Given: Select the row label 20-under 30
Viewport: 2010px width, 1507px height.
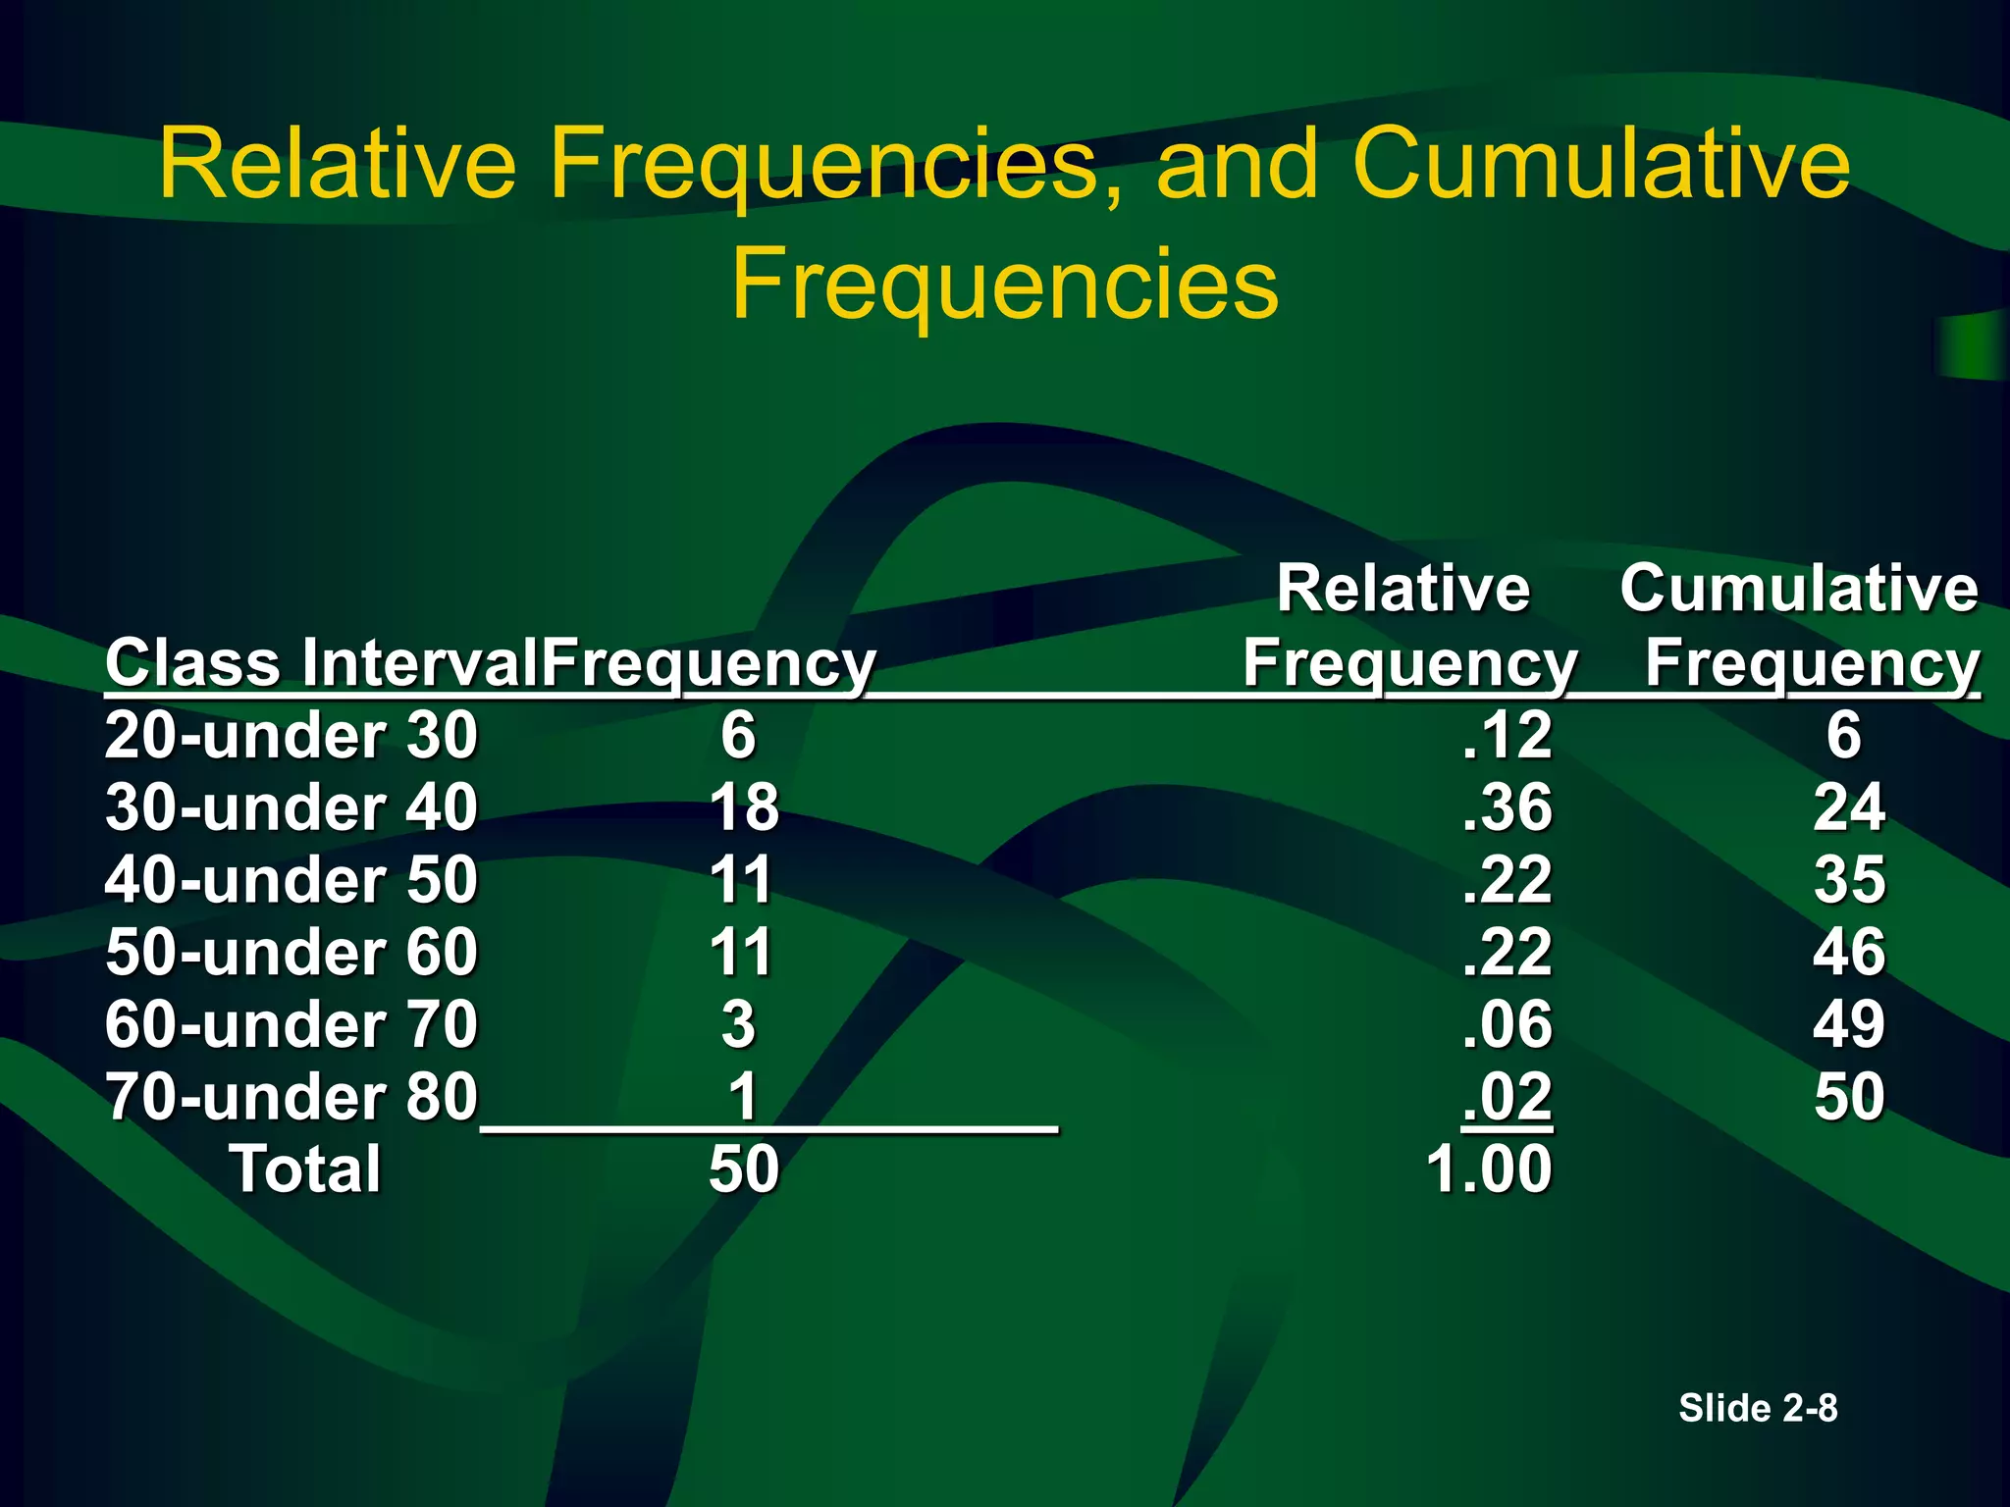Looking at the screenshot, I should tap(291, 735).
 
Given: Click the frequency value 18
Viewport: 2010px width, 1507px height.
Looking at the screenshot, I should tap(744, 807).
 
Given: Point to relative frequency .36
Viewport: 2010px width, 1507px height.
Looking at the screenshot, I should tap(1507, 807).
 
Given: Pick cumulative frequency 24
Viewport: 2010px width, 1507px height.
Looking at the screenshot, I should tap(1849, 807).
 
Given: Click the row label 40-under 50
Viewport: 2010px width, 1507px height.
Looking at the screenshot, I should tap(291, 879).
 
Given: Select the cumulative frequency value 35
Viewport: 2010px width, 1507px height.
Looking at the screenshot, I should tap(1849, 879).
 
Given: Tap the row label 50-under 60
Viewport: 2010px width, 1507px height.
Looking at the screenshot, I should tap(291, 952).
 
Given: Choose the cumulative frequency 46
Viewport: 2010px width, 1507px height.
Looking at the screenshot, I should tap(1849, 952).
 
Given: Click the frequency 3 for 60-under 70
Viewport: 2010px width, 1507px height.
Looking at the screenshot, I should tap(739, 1024).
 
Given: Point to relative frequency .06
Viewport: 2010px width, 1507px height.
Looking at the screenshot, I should tap(1507, 1024).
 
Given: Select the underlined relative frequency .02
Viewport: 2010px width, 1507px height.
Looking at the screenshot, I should tap(1507, 1097).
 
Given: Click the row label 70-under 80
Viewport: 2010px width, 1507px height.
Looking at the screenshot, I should tap(291, 1097).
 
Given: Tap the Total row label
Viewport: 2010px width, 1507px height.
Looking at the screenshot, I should tap(305, 1169).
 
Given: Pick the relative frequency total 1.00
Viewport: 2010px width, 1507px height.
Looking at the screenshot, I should tap(1489, 1169).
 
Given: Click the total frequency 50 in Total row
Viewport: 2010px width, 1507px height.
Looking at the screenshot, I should tap(744, 1169).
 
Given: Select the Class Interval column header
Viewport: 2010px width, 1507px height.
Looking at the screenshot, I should tap(322, 663).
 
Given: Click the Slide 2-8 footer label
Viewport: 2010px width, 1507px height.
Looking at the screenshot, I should tap(1758, 1408).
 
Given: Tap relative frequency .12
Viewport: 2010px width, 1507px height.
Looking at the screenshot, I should tap(1507, 735).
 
